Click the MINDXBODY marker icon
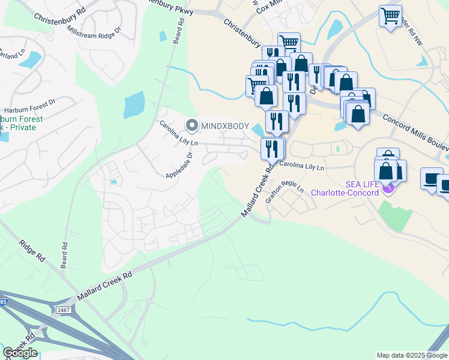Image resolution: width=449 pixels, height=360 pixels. coord(192,125)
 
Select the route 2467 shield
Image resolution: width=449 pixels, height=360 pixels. coord(64,310)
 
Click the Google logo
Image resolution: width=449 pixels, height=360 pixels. coord(20,353)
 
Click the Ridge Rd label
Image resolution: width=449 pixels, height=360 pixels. coord(32,250)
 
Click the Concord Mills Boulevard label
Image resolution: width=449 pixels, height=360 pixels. coord(414,128)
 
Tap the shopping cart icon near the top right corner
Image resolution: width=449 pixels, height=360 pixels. coord(391,14)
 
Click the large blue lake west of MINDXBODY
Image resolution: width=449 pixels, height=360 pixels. coord(134,106)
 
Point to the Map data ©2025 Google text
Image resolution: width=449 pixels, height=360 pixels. coord(412,355)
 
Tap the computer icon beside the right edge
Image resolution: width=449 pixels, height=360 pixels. coord(431,178)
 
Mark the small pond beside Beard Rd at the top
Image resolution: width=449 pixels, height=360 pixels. coord(163,36)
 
